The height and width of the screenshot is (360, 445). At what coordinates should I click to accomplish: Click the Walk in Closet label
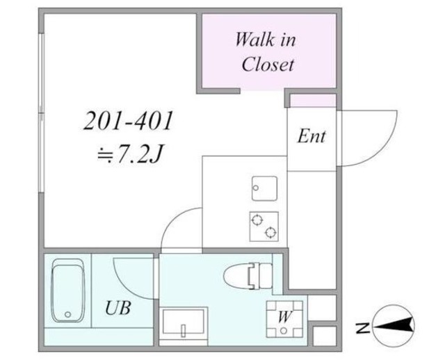(x=266, y=52)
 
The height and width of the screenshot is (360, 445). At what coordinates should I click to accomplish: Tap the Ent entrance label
(x=311, y=136)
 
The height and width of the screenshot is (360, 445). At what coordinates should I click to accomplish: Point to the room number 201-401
(x=128, y=120)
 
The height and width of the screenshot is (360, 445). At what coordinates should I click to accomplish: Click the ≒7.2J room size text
(x=129, y=154)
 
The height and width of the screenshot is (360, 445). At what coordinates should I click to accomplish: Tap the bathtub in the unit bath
(x=68, y=291)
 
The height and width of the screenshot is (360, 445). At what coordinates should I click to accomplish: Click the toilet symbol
(x=248, y=276)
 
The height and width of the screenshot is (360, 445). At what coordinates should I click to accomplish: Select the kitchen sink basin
(x=264, y=188)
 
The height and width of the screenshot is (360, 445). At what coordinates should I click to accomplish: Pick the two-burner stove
(x=264, y=227)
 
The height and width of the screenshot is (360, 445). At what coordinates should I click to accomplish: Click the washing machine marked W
(x=284, y=319)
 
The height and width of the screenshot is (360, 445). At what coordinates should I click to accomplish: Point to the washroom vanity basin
(x=184, y=322)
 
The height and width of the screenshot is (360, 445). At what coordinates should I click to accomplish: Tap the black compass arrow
(x=394, y=325)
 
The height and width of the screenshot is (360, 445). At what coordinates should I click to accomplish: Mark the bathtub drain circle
(x=67, y=314)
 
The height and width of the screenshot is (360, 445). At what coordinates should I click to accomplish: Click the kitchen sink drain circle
(x=256, y=188)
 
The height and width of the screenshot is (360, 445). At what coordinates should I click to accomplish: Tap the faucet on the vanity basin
(x=184, y=330)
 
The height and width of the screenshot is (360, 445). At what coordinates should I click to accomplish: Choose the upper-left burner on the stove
(x=257, y=220)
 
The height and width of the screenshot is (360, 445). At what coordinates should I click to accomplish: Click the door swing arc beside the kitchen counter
(x=174, y=218)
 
